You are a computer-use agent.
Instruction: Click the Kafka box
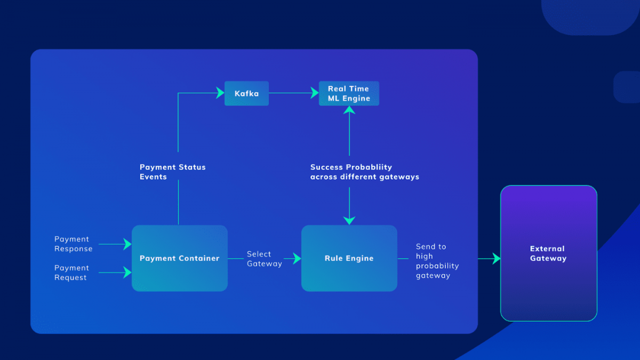(x=246, y=93)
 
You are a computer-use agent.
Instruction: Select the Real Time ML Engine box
(x=349, y=93)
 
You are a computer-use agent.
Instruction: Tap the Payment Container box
(x=180, y=258)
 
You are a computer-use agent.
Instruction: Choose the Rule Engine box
(x=349, y=258)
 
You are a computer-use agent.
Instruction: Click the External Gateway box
(x=548, y=253)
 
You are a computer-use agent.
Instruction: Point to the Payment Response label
(x=73, y=244)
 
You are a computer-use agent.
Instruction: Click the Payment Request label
(x=71, y=273)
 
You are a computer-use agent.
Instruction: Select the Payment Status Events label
(x=172, y=172)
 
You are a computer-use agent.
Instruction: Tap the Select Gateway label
(x=264, y=259)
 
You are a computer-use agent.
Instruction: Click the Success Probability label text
(x=364, y=172)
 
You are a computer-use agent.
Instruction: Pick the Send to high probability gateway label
(x=437, y=261)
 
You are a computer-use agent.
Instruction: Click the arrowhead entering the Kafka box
(x=220, y=93)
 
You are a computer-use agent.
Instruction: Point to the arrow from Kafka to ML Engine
(x=291, y=93)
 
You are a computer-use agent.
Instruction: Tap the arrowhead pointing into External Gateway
(x=496, y=259)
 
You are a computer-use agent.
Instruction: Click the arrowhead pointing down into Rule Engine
(x=349, y=220)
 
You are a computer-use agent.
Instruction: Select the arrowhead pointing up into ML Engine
(x=349, y=110)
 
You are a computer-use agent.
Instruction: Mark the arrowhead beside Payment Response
(x=127, y=244)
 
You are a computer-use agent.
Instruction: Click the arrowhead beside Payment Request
(x=127, y=273)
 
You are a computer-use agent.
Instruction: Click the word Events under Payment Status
(x=153, y=177)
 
